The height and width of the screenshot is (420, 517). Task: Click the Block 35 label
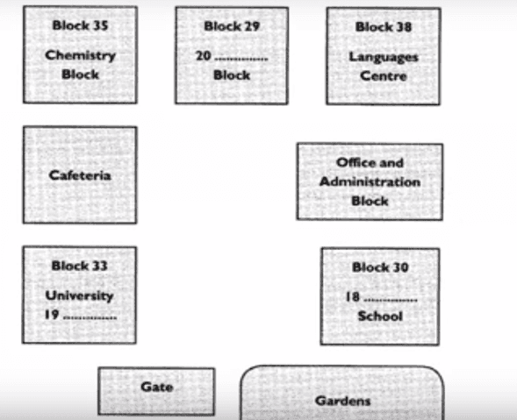tap(80, 25)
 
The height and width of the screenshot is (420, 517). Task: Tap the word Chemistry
tap(80, 55)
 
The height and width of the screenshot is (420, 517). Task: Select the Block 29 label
tap(232, 26)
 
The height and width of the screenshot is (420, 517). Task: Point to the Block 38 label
tap(384, 27)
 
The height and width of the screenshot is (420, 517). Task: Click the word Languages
tap(384, 57)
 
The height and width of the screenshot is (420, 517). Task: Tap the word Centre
tap(384, 76)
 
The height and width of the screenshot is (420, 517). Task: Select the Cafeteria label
tap(80, 175)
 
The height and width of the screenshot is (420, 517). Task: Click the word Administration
tap(370, 182)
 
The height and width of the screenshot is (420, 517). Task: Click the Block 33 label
tap(80, 266)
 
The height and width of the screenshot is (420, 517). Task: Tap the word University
tap(80, 295)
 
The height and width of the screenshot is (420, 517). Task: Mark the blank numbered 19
tap(90, 318)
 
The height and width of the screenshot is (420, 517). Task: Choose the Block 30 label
tap(380, 267)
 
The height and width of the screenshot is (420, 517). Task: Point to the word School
tap(380, 317)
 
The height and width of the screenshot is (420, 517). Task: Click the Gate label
tap(156, 387)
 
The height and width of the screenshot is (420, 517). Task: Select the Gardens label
tap(343, 401)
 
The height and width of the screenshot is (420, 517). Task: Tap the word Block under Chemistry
tap(80, 75)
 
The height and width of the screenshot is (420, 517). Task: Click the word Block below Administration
tap(370, 201)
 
